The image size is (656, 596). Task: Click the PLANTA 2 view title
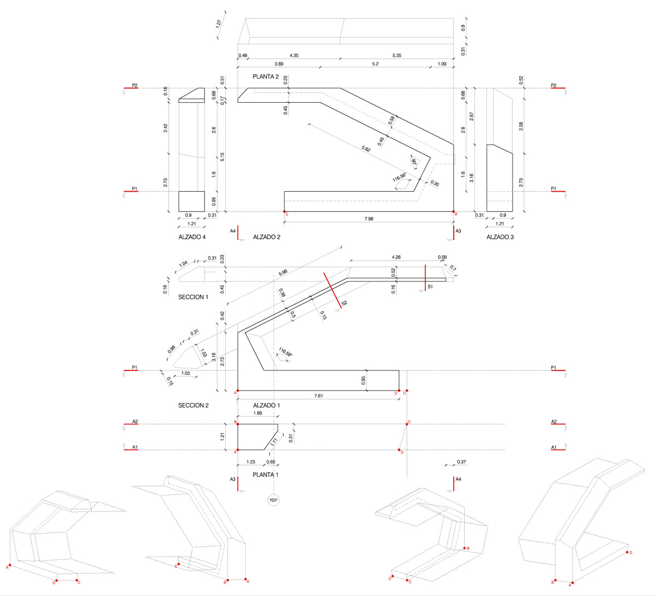click(266, 77)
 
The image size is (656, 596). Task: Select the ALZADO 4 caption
click(192, 237)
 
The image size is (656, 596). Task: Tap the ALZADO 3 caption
click(500, 237)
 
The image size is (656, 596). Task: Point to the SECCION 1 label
click(194, 297)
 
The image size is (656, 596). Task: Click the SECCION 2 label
click(194, 405)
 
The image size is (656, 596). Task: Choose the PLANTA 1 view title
click(266, 475)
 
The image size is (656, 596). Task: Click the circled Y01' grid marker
click(273, 500)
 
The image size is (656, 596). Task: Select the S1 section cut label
click(430, 286)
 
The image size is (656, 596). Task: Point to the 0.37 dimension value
click(462, 462)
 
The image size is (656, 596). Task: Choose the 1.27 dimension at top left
click(218, 24)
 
